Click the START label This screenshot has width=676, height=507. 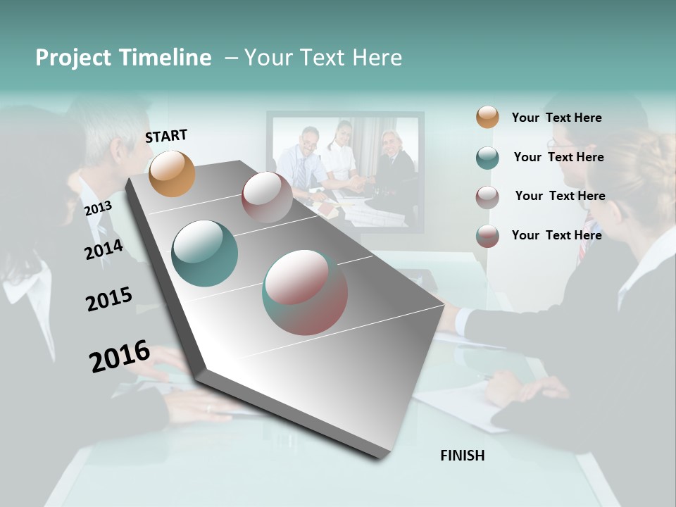point(166,136)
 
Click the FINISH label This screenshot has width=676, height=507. point(463,456)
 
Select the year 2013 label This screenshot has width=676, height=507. point(98,208)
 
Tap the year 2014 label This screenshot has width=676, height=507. point(104,249)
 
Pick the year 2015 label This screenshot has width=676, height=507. point(109,299)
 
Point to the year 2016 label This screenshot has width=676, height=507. point(120,356)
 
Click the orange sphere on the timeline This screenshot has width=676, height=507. point(173,173)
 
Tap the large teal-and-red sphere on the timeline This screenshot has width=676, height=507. point(305,292)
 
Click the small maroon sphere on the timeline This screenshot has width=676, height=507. point(267,196)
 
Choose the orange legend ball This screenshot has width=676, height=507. point(487,117)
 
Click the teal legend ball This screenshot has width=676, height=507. point(487,158)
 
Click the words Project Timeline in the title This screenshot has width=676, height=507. point(123,58)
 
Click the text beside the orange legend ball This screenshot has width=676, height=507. point(556,118)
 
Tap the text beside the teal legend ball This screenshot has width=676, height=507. point(558,157)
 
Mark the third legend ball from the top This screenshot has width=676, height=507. point(487,197)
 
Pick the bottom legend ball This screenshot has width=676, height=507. point(487,236)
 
